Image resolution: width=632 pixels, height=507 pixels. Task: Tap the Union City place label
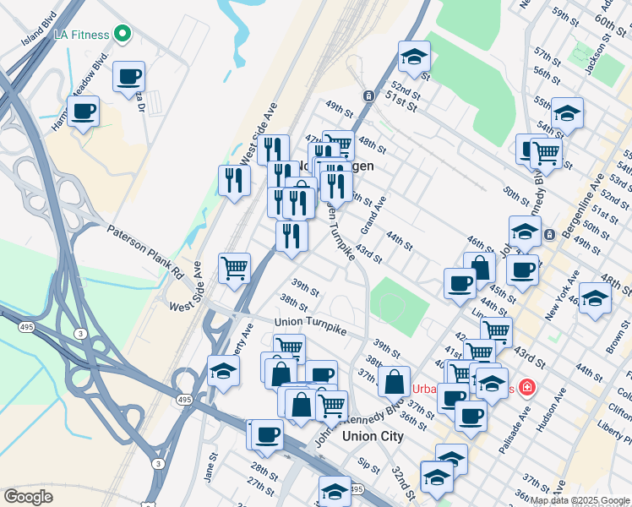pyautogui.click(x=373, y=436)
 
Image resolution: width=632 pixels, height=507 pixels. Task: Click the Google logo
pyautogui.click(x=28, y=496)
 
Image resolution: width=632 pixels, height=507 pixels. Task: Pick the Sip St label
pyautogui.click(x=368, y=465)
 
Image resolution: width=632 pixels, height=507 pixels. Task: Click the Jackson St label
pyautogui.click(x=597, y=58)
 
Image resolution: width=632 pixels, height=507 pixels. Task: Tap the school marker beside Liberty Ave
pyautogui.click(x=223, y=372)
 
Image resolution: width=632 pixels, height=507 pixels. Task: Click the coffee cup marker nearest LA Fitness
pyautogui.click(x=128, y=77)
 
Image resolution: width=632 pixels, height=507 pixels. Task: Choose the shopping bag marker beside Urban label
pyautogui.click(x=394, y=381)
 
